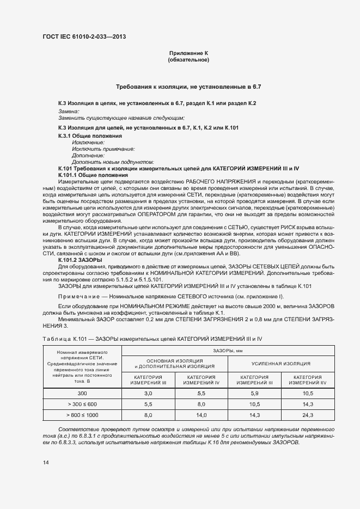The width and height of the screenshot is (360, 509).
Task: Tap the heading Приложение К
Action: coord(189,53)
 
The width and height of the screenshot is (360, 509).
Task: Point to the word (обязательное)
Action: coord(189,59)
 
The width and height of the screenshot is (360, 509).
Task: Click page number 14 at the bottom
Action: coord(45,462)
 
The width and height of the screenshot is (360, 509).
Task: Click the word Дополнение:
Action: coord(88,155)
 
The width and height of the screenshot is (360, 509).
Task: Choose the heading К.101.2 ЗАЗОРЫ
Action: coord(80,260)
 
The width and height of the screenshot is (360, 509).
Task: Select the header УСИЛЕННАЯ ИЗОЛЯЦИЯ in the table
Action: coord(280,363)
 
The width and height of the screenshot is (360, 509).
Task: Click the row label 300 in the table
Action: coord(82,393)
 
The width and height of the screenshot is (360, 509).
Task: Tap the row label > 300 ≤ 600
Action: coord(82,404)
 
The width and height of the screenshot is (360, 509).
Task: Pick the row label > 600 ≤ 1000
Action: coord(82,415)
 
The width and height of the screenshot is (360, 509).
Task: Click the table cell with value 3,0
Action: coord(148,393)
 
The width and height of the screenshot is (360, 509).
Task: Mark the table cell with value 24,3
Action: coord(308,415)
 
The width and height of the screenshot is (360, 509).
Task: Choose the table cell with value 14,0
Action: coord(201,415)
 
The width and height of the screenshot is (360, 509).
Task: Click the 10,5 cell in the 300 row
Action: coord(308,393)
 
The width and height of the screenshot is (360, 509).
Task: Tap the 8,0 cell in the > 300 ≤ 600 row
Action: coord(201,404)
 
